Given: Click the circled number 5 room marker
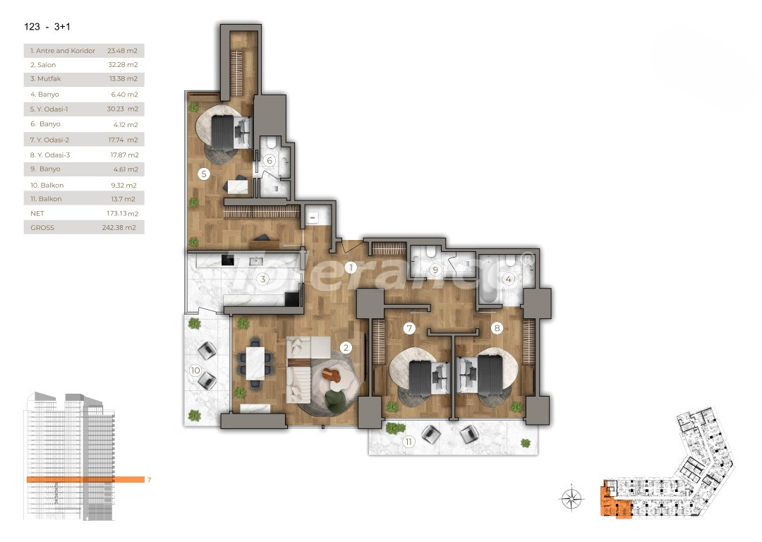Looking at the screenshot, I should click(203, 174).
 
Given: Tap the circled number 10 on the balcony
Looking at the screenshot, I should click(195, 370).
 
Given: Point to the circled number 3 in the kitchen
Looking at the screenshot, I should click(262, 279).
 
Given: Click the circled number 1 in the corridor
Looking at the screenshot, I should click(351, 267).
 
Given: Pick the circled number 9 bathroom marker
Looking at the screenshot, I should click(435, 270).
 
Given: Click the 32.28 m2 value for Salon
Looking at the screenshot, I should click(122, 65).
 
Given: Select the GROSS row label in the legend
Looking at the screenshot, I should click(42, 228).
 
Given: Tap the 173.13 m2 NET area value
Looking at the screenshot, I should click(122, 213).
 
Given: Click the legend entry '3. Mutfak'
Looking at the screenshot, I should click(44, 78).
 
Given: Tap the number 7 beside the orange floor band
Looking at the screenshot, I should click(149, 480).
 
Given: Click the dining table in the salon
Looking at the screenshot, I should click(253, 362).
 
